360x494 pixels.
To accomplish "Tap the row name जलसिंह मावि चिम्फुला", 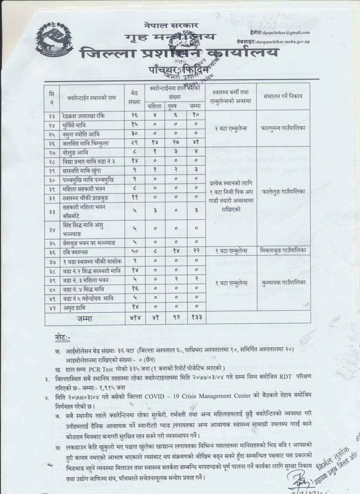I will tap(87, 143).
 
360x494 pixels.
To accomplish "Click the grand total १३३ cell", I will tap(196, 317).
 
